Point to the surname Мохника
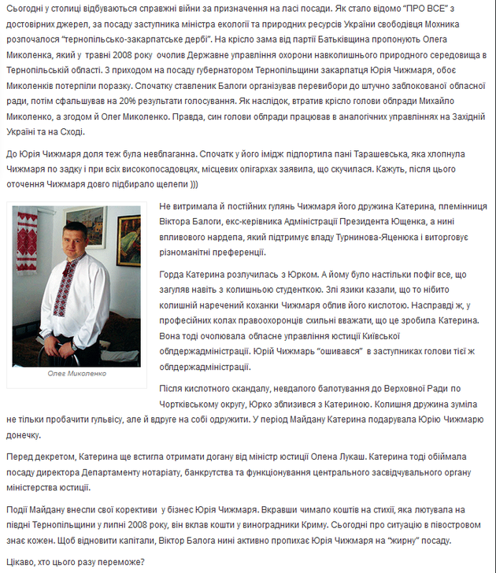click(x=468, y=24)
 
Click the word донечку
click(x=28, y=434)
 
